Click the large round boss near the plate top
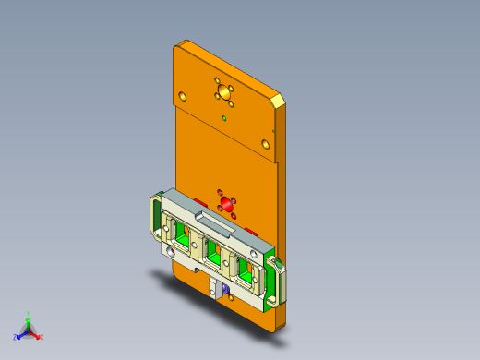pos(222,91)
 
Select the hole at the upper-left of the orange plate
pos(183,95)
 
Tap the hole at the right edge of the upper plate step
pos(265,143)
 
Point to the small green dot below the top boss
pos(225,118)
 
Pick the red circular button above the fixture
pos(224,202)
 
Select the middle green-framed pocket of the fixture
pos(214,248)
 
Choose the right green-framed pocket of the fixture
pos(246,267)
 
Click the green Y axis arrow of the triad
pos(29,318)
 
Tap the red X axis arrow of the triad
pos(39,337)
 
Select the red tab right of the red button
pos(250,228)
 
